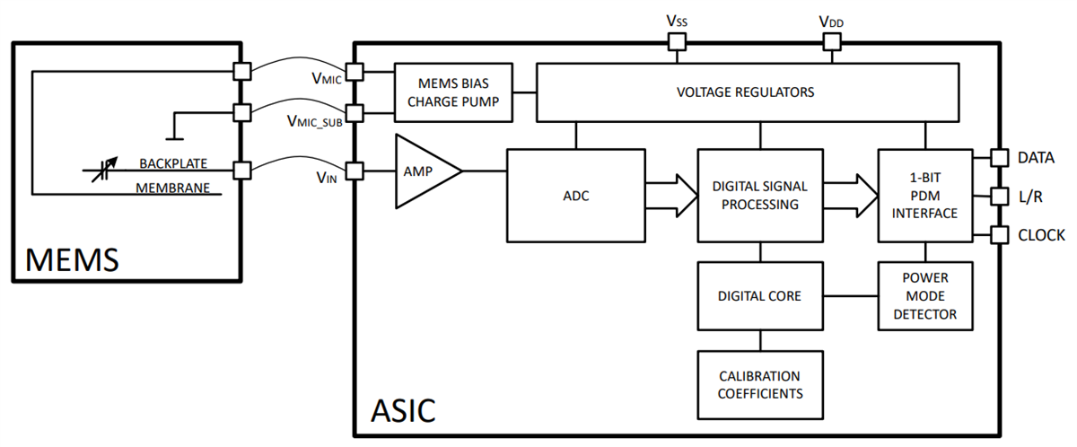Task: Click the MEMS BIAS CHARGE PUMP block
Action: point(454,92)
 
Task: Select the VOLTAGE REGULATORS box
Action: point(745,92)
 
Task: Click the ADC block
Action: point(575,195)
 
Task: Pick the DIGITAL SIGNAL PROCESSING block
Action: point(759,195)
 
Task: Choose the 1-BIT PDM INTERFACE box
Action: point(924,195)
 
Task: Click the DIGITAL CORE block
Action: point(759,295)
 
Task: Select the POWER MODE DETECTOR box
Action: point(924,295)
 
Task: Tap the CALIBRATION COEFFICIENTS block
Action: point(759,384)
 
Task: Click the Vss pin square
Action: point(675,41)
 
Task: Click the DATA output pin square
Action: point(998,158)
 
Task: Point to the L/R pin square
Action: point(998,197)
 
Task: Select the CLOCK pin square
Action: point(998,235)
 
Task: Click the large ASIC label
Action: point(403,410)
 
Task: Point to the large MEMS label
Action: point(72,260)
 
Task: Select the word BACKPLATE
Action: point(173,164)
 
